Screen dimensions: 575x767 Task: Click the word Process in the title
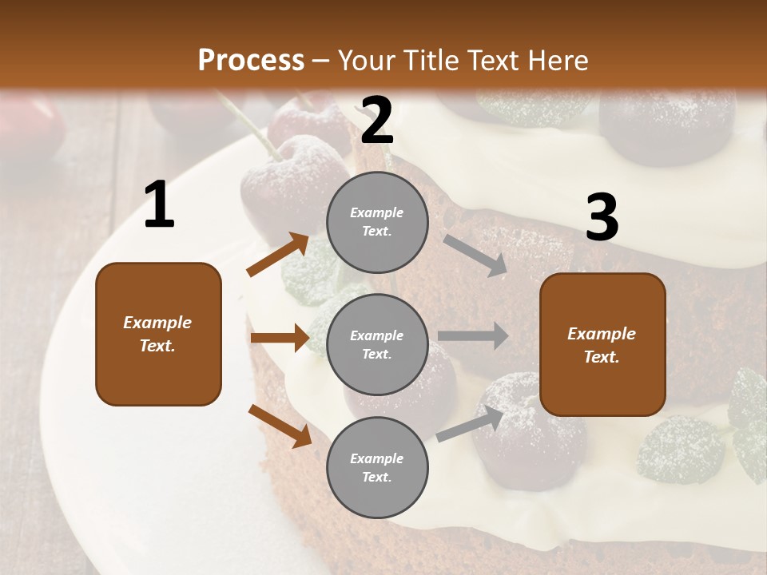pos(251,61)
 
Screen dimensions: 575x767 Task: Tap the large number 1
pos(159,205)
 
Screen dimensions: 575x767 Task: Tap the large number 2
pos(377,121)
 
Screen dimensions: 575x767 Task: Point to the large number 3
pos(602,218)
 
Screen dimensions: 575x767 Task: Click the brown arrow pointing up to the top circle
pos(278,254)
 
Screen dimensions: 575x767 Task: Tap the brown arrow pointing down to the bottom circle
pos(280,425)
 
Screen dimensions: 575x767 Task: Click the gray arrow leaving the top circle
pos(475,256)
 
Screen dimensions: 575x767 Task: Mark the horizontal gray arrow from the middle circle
pos(473,336)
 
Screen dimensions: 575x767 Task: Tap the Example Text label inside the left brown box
pos(158,334)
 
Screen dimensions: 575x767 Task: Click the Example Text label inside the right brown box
pos(602,345)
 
